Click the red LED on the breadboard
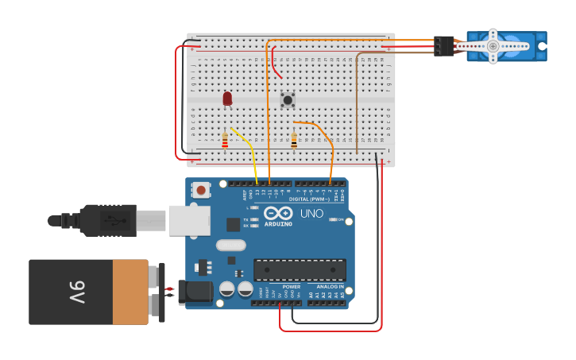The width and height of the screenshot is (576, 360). tap(227, 98)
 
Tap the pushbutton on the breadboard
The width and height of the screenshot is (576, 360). tap(288, 99)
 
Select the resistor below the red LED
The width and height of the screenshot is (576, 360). tap(225, 141)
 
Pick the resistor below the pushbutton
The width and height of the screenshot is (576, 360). tap(294, 141)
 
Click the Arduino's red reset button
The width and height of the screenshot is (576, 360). tap(202, 189)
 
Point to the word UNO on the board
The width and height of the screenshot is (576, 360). tap(311, 213)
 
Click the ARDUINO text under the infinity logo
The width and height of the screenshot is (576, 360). tap(278, 223)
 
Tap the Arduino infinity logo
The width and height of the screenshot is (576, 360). tap(278, 213)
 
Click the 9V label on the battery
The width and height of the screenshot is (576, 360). tap(76, 292)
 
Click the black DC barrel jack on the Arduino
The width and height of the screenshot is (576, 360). tap(195, 292)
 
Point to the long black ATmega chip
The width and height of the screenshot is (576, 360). tap(300, 270)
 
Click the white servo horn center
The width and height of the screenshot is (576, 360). tap(493, 46)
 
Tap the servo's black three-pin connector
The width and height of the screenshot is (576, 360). tap(443, 46)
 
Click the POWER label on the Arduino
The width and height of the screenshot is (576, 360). tap(291, 286)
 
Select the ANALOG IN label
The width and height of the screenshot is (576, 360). tap(330, 286)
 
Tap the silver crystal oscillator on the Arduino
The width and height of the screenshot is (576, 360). tap(230, 246)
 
